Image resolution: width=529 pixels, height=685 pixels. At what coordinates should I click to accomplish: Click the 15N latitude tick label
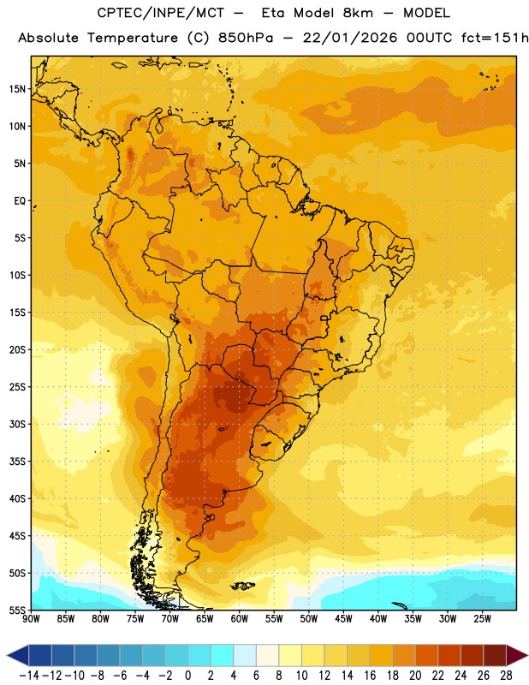(x=17, y=89)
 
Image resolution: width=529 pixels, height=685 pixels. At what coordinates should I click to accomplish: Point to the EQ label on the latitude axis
(x=20, y=201)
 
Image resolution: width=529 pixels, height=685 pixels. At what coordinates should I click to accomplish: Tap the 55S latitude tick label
(x=17, y=610)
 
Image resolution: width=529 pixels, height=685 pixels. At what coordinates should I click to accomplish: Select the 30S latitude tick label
(x=17, y=424)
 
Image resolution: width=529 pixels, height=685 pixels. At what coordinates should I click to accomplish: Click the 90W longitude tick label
(x=31, y=619)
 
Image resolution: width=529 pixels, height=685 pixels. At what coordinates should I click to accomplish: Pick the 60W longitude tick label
(x=240, y=619)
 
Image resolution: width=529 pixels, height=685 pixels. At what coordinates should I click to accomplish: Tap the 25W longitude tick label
(x=482, y=619)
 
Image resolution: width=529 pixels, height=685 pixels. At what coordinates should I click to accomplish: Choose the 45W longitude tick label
(x=343, y=619)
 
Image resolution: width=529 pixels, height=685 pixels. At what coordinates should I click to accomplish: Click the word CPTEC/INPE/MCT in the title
(x=161, y=13)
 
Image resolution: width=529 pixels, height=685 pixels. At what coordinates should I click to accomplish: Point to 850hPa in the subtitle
(x=246, y=38)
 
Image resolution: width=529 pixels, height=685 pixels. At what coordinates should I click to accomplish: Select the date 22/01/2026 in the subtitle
(x=350, y=38)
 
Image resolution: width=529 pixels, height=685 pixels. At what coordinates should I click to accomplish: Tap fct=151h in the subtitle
(x=495, y=38)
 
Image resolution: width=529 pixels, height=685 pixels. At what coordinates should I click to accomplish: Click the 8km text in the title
(x=358, y=13)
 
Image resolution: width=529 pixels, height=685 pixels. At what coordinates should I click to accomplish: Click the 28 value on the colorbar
(x=506, y=676)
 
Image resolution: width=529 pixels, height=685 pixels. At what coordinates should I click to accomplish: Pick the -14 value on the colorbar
(x=29, y=676)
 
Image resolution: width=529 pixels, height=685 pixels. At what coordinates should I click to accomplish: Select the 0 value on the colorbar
(x=187, y=676)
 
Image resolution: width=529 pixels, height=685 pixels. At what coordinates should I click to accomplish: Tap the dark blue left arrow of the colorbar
(x=18, y=655)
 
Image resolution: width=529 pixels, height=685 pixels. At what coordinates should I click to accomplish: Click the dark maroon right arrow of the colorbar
(x=517, y=655)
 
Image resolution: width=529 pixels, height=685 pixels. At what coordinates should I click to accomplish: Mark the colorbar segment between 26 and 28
(x=495, y=655)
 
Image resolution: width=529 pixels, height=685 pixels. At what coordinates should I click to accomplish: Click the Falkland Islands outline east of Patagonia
(x=242, y=586)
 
